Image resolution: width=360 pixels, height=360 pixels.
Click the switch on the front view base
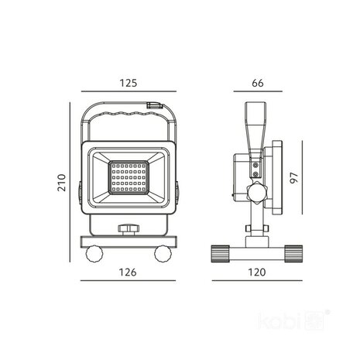(x=126, y=229)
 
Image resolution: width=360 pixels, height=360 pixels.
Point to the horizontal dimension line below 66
(x=259, y=93)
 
